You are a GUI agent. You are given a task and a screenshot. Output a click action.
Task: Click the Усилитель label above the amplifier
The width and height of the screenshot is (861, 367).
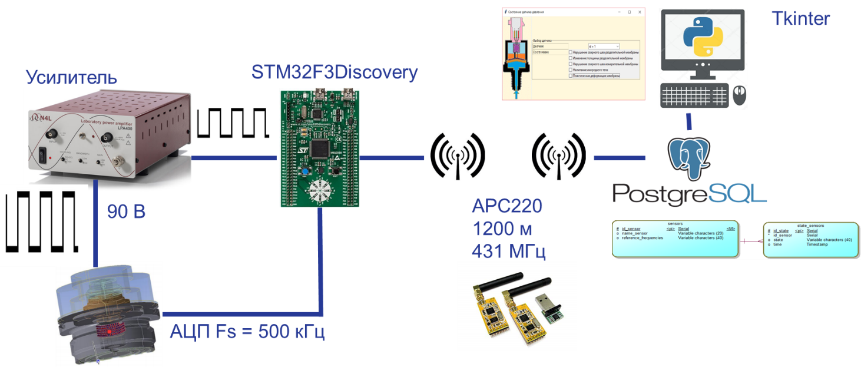[71, 77]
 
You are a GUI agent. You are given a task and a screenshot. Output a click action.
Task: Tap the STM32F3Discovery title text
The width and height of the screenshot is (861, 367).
[334, 72]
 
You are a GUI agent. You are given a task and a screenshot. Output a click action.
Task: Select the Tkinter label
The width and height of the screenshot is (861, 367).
[800, 19]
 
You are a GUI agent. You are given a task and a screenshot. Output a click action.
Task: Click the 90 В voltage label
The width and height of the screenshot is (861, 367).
[126, 211]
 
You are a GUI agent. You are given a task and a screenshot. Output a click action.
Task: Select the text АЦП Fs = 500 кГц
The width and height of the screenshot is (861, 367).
[247, 332]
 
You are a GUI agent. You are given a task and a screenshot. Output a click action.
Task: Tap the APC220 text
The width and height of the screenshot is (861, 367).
[507, 207]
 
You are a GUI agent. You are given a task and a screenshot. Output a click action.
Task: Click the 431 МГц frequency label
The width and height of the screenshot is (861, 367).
[509, 252]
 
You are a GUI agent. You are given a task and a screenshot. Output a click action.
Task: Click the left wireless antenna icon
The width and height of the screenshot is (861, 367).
[458, 154]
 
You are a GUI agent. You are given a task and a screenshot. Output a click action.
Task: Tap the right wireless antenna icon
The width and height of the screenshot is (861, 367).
[559, 154]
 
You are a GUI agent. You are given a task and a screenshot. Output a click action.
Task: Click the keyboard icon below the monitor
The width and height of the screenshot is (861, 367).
[693, 95]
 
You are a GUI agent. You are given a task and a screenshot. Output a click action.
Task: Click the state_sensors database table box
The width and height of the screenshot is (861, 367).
[810, 239]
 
